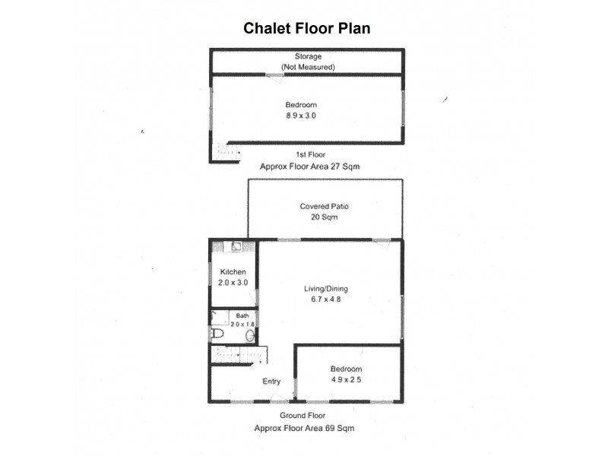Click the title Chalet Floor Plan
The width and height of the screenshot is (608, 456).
307,28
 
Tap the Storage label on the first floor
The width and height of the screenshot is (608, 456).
309,56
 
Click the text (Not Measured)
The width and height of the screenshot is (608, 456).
309,67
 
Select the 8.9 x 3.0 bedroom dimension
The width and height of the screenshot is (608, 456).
301,116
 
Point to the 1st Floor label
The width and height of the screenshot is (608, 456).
311,155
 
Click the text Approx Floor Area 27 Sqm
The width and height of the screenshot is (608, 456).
310,166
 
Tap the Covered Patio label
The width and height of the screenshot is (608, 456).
325,207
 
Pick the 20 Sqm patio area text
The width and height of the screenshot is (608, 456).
325,217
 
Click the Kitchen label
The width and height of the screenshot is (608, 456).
233,272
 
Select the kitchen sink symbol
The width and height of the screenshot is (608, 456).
236,246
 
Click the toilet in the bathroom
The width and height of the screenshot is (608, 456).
217,333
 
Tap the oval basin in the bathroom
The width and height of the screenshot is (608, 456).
250,335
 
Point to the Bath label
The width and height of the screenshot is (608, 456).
242,316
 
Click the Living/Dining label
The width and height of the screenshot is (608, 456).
326,289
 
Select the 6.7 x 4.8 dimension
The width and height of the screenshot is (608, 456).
326,299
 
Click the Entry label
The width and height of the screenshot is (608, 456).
271,382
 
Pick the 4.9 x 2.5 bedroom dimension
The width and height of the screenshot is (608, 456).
347,380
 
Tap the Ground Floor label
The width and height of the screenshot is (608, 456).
302,416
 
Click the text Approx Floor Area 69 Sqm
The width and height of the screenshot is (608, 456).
305,429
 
